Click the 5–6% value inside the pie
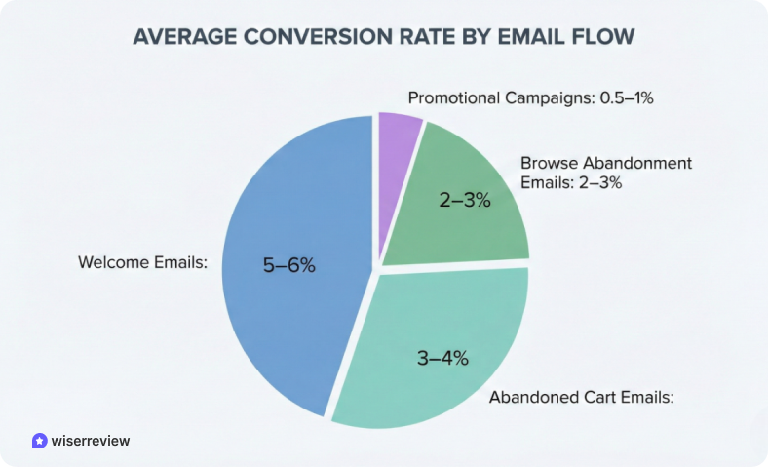coord(289,264)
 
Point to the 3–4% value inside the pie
coord(442,358)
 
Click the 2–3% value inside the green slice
coord(464,202)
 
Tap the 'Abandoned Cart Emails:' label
coord(582,397)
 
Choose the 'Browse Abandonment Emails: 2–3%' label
coord(605,172)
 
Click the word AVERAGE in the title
coord(184,37)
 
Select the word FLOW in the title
coord(608,37)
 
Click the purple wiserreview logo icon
coord(39,441)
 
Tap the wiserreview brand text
coord(91,441)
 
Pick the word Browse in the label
coord(549,163)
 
